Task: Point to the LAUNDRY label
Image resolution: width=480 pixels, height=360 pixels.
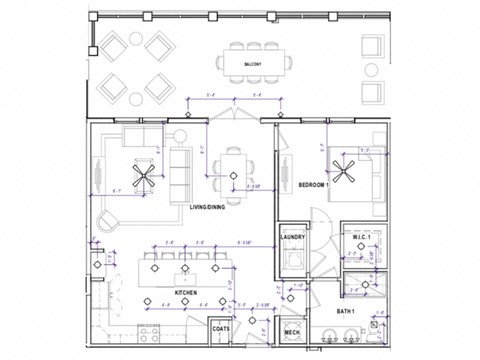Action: click(x=293, y=237)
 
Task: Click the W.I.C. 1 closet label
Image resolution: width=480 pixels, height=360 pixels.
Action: click(x=361, y=237)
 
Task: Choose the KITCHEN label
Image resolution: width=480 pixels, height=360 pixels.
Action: click(x=187, y=292)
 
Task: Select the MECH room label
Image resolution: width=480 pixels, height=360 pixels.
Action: click(x=292, y=333)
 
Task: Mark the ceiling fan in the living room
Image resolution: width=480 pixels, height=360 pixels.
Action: click(x=146, y=176)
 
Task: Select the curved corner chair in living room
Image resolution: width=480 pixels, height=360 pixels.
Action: click(x=111, y=221)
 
